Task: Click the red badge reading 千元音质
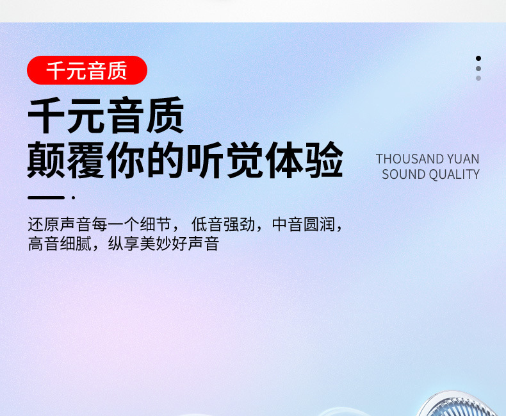87,70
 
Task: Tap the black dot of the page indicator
478,58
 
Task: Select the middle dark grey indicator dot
478,69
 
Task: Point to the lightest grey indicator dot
478,78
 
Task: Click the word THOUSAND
409,159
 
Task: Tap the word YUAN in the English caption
463,159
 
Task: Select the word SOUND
404,174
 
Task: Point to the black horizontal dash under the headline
46,197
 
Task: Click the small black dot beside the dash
74,197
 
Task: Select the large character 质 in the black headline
165,115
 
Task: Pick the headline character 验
325,160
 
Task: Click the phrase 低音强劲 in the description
224,224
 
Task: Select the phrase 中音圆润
304,224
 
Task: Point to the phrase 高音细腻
60,244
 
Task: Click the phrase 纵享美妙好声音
163,244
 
